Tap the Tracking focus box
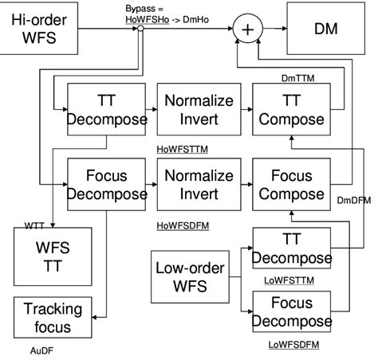(47, 317)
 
